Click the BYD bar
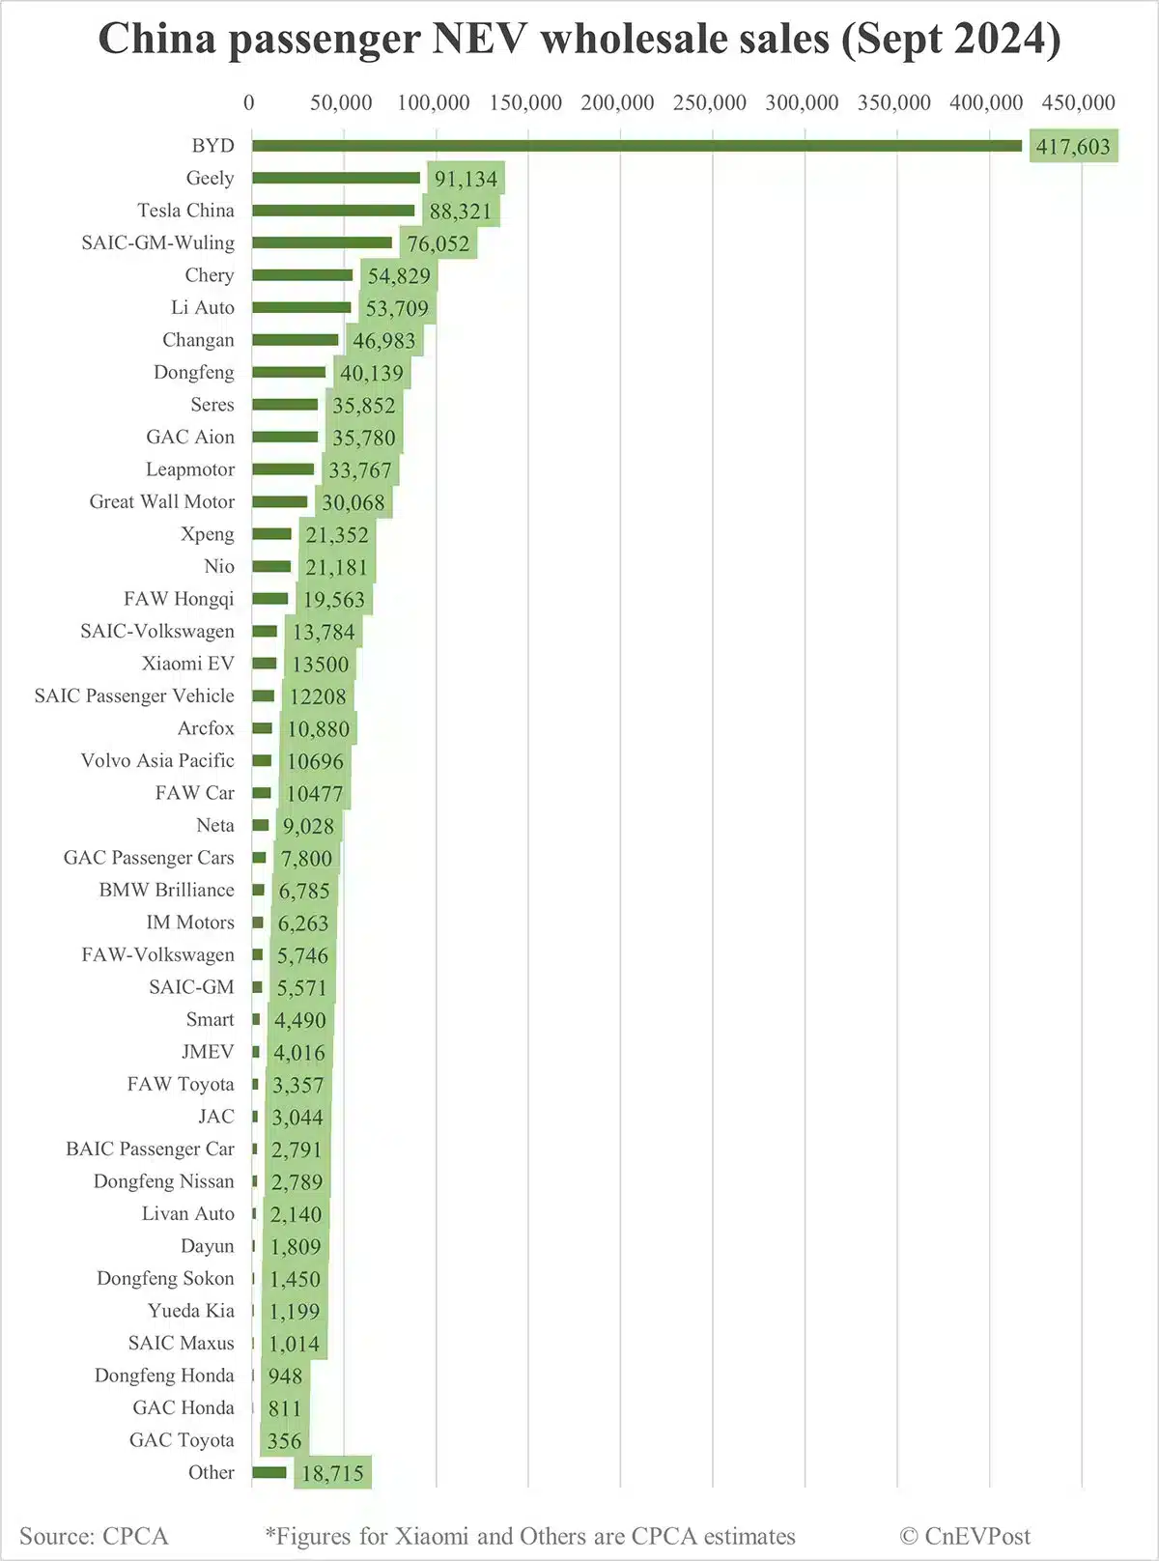pyautogui.click(x=637, y=146)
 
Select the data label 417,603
pyautogui.click(x=1073, y=147)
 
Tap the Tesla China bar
pyautogui.click(x=333, y=211)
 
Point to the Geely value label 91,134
pyautogui.click(x=466, y=179)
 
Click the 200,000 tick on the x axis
pyautogui.click(x=617, y=102)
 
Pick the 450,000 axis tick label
pyautogui.click(x=1079, y=102)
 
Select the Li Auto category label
pyautogui.click(x=203, y=307)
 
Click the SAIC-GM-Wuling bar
pyautogui.click(x=323, y=242)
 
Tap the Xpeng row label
pyautogui.click(x=207, y=534)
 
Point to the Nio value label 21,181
pyautogui.click(x=337, y=567)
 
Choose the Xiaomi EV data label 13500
pyautogui.click(x=321, y=665)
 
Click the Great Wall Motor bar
pyautogui.click(x=280, y=501)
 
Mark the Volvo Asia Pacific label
pyautogui.click(x=157, y=760)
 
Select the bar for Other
pyautogui.click(x=269, y=1472)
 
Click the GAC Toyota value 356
pyautogui.click(x=285, y=1441)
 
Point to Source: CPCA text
pyautogui.click(x=94, y=1536)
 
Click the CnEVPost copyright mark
pyautogui.click(x=965, y=1536)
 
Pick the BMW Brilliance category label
pyautogui.click(x=166, y=890)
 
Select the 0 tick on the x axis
pyautogui.click(x=249, y=102)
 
